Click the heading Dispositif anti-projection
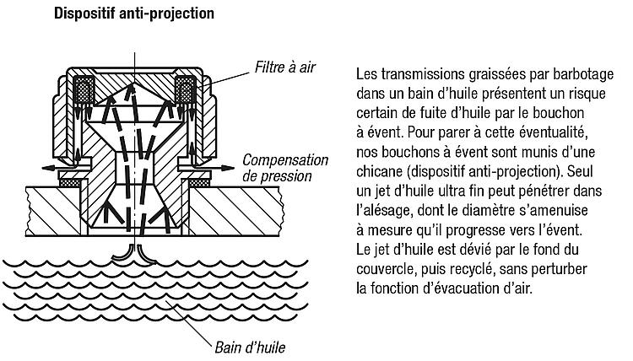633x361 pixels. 134,13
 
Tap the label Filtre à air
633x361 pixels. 285,67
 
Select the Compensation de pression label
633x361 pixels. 285,168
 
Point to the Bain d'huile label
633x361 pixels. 250,348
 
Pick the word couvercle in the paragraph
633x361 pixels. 385,268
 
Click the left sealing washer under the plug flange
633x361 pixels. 70,183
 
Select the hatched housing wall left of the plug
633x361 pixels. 55,212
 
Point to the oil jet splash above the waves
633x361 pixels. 134,255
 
